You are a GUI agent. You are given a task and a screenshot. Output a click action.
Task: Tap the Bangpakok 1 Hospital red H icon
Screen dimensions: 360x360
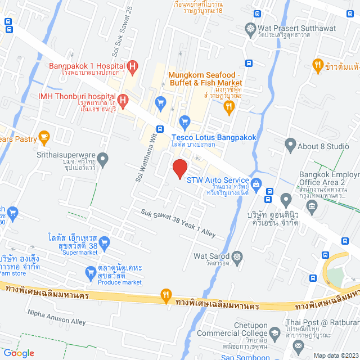point(132,69)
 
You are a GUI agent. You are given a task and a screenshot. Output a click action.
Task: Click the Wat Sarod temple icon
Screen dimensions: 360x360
point(237,256)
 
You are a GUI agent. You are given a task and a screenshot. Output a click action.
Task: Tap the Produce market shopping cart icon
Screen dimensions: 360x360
point(90,274)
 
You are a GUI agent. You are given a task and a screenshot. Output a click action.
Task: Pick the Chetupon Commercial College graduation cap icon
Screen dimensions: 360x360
point(274,333)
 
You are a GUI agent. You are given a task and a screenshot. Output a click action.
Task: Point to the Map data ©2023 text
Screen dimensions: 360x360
point(335,355)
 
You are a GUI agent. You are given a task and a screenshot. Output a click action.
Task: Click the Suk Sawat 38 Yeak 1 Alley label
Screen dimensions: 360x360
point(178,223)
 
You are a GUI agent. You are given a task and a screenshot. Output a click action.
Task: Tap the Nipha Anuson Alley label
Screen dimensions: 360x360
point(56,317)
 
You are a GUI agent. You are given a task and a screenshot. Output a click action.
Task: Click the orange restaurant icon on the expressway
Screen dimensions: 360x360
point(165,294)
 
